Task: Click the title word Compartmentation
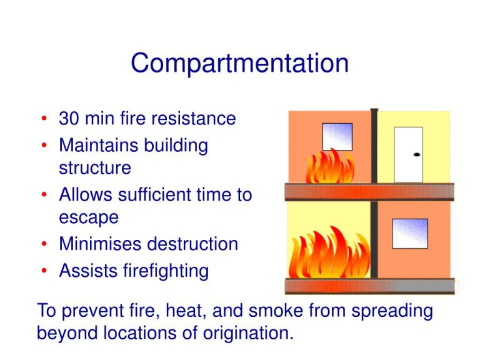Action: pos(240,64)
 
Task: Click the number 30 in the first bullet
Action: pos(69,119)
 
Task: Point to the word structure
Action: pos(94,168)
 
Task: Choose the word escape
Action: pos(88,217)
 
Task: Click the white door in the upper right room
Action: pos(408,154)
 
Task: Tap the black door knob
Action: pos(416,154)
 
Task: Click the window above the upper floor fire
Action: pos(337,136)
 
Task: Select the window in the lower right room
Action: pos(409,233)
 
